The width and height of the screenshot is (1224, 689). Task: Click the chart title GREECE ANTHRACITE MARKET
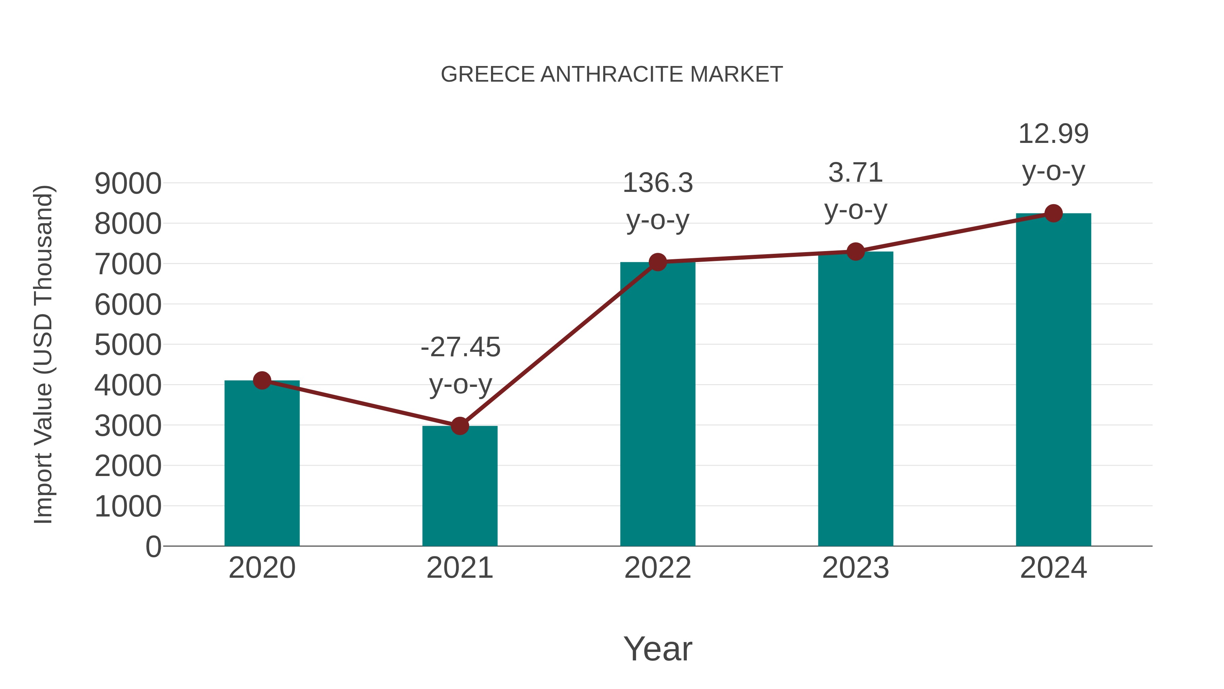612,75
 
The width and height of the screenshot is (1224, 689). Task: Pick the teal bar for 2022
658,404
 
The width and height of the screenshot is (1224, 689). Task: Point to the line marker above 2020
262,380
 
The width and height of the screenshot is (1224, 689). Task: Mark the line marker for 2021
459,426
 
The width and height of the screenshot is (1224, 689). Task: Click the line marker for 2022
658,262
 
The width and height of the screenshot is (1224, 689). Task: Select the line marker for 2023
855,251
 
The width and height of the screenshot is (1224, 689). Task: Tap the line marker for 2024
1053,213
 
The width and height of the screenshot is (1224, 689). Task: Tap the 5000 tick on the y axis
128,345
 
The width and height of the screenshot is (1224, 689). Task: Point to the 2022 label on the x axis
658,568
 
